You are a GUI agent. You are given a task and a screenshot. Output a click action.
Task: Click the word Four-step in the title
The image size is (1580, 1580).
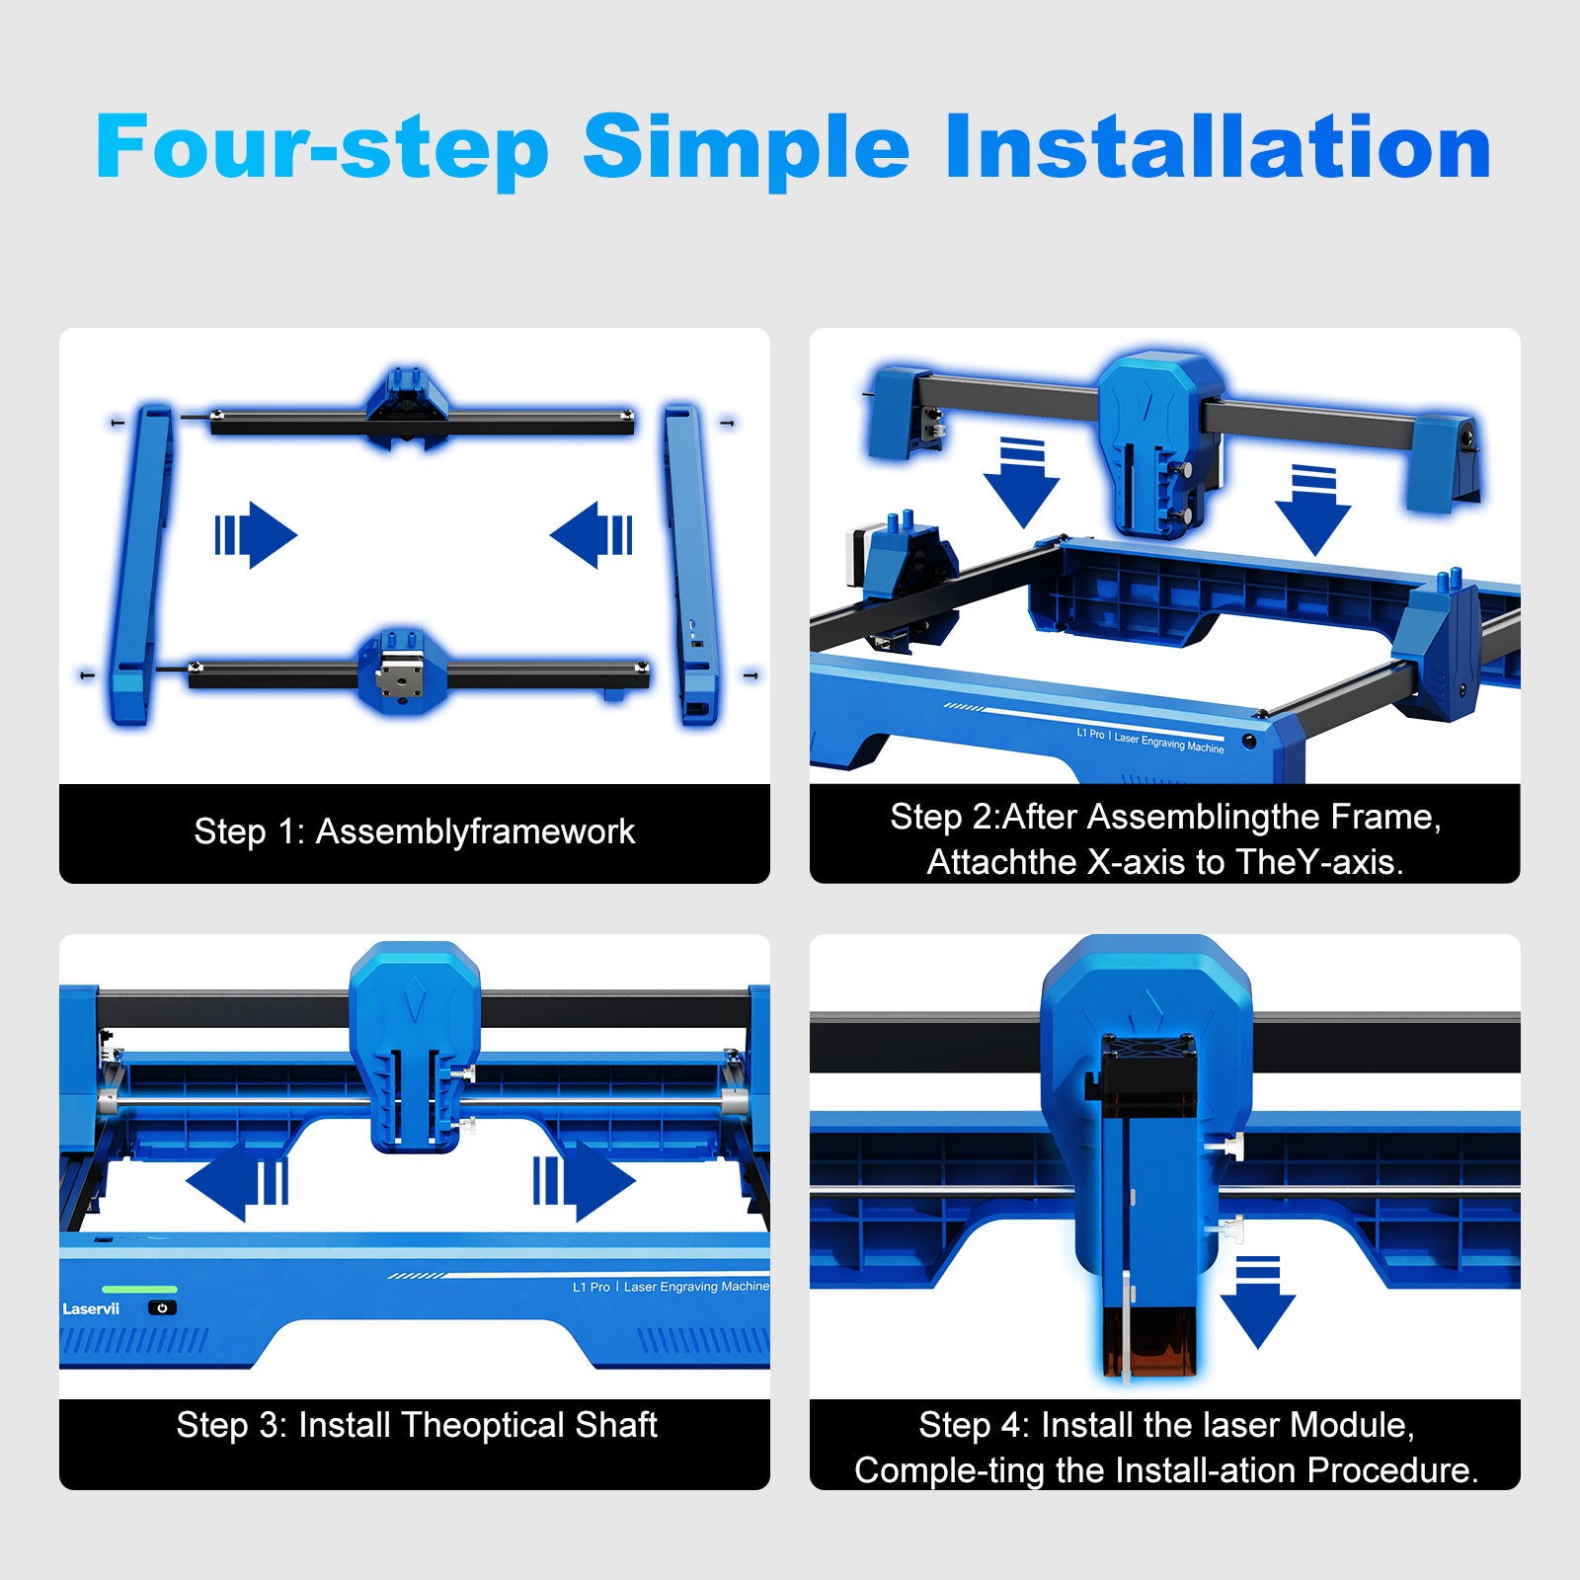(321, 148)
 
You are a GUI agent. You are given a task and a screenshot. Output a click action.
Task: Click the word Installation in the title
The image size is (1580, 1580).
(1217, 148)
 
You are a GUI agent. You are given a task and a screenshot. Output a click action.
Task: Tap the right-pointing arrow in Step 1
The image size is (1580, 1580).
(257, 535)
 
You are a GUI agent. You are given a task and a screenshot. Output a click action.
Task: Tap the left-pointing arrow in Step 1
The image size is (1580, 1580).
(591, 535)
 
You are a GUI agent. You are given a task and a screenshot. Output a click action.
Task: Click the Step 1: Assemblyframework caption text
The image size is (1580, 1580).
(414, 831)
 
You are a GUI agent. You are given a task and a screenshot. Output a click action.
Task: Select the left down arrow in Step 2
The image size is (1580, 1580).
(1021, 483)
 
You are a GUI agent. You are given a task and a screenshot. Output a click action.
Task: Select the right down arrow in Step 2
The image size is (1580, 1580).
(1312, 511)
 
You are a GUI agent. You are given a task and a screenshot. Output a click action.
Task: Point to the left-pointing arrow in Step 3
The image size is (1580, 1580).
(237, 1181)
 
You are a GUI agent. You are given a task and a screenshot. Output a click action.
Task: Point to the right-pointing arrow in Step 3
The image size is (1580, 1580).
(585, 1181)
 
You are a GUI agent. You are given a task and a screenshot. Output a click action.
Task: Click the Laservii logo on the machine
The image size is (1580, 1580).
(91, 1309)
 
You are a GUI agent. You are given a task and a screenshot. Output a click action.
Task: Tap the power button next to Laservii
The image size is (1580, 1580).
(162, 1307)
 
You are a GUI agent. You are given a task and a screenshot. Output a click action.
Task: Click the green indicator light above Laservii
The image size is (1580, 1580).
(139, 1290)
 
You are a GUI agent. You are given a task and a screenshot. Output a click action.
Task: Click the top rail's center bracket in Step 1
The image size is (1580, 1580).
(407, 407)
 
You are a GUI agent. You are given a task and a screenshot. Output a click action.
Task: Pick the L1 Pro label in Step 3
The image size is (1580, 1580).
(591, 1287)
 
